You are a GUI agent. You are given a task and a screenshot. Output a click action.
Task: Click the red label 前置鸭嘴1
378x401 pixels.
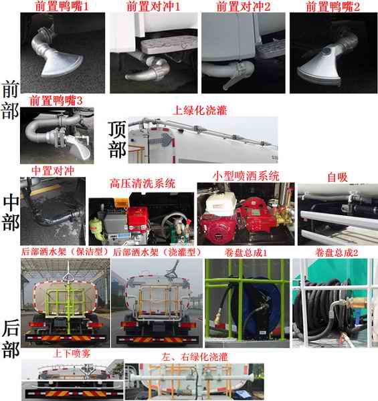coord(62,6)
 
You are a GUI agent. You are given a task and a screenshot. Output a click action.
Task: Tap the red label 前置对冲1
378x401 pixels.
coord(154,6)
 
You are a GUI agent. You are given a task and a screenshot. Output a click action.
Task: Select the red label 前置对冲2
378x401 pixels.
coord(244,6)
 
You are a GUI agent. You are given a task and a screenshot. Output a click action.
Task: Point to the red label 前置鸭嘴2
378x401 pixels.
coord(333,6)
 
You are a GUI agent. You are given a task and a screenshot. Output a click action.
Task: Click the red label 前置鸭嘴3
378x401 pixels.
coord(56,100)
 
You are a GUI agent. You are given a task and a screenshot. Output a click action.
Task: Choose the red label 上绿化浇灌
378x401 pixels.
coord(200,110)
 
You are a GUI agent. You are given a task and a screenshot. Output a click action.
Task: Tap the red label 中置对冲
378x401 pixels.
coord(53,171)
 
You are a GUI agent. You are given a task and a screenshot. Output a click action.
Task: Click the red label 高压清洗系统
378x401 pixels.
coord(143,183)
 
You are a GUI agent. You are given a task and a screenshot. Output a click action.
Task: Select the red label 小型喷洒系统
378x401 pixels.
coord(246,176)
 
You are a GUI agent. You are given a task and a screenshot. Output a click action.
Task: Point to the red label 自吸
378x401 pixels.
coord(338,177)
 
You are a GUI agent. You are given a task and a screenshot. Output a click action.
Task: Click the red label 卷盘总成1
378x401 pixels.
coord(246,253)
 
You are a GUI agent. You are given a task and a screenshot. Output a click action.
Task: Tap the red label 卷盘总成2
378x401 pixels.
coord(337,253)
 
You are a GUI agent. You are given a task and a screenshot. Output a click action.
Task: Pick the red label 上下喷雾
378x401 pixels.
coord(72,354)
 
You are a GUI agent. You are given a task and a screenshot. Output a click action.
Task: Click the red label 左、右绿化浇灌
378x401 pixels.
coord(195,357)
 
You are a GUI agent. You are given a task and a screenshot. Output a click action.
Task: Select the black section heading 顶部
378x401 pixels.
coord(117,140)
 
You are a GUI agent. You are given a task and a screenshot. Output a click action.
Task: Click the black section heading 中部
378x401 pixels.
coord(11,213)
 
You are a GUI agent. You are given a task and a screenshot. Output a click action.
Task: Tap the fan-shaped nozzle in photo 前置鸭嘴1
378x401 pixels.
coord(62,63)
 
